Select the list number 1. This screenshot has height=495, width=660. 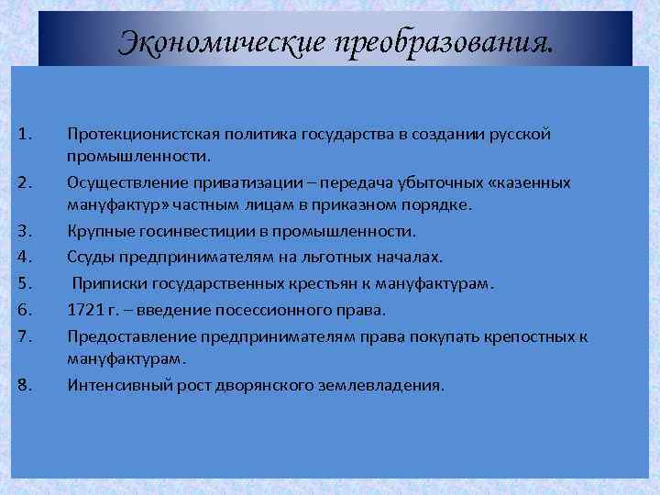point(25,136)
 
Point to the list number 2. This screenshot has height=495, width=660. point(25,182)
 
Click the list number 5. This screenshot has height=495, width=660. point(25,283)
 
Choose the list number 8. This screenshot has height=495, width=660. point(25,385)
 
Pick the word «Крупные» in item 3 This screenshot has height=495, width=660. point(97,230)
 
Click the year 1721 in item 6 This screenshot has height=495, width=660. point(85,310)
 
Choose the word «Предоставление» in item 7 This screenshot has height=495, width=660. point(124,336)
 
